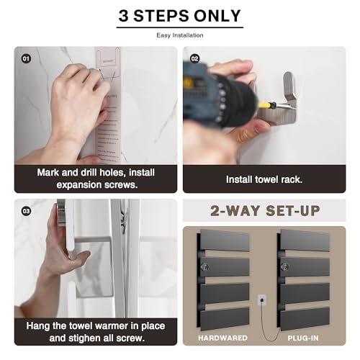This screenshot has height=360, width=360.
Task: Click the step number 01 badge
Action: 26,58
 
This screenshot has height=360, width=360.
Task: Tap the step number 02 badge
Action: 194,58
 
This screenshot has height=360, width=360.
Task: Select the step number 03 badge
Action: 26,211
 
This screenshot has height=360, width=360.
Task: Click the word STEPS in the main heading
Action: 161,16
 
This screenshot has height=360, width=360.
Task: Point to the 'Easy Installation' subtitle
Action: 180,35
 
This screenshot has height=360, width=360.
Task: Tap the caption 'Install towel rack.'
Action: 264,179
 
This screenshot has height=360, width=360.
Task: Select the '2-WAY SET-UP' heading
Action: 265,211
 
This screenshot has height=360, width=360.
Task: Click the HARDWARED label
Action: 222,338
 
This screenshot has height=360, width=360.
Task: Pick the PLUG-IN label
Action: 303,338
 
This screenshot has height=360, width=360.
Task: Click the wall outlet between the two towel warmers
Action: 262,300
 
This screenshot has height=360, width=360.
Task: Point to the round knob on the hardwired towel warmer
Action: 204,266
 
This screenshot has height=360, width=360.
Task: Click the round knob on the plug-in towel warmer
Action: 285,266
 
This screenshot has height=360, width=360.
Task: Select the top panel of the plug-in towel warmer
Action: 305,240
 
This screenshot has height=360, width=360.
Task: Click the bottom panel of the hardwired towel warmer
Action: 225,319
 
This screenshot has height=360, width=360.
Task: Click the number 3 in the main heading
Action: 123,16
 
